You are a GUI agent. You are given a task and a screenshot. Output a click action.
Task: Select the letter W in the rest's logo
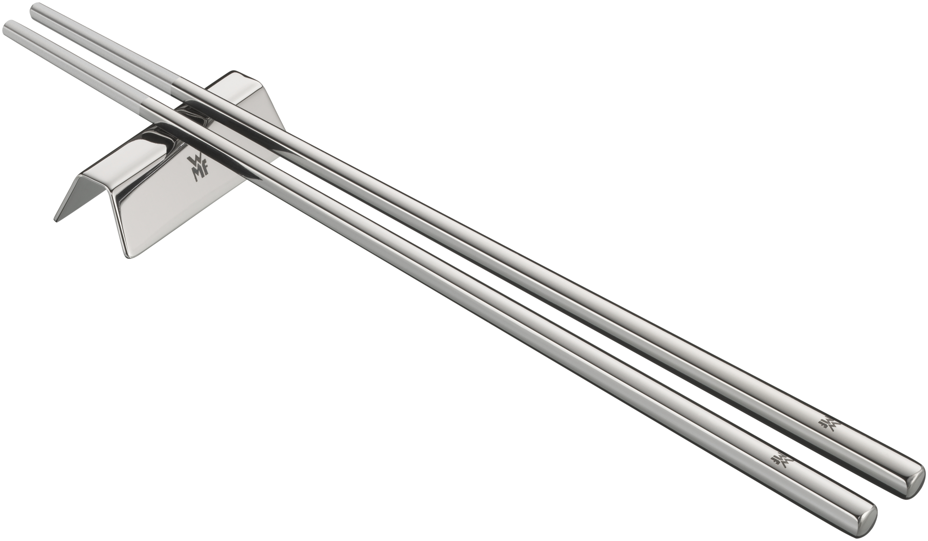193,160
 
